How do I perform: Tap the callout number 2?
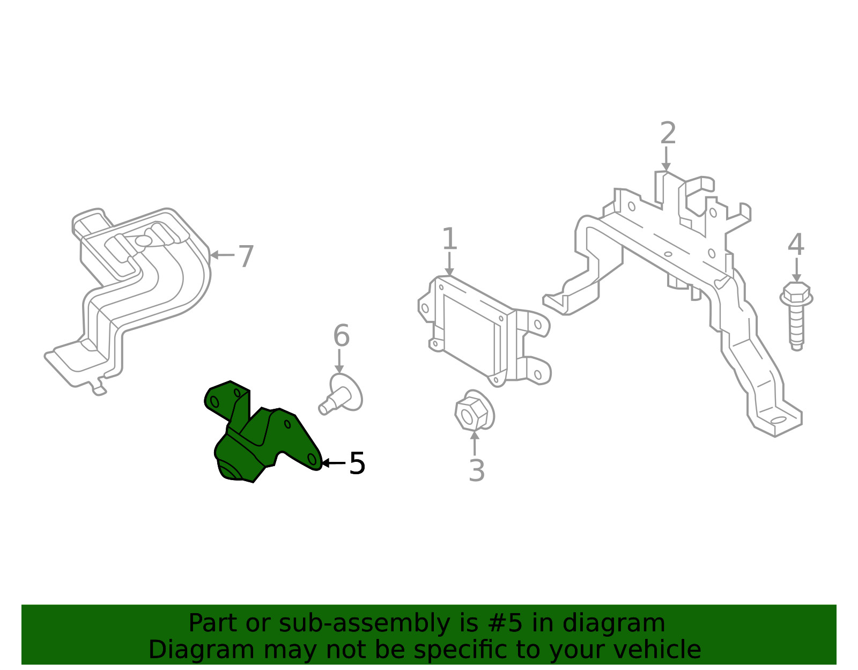[668, 133]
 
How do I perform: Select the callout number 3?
[477, 470]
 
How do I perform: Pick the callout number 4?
[796, 245]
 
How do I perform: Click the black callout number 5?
[357, 463]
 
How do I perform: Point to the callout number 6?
[342, 336]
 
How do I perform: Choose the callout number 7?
[246, 256]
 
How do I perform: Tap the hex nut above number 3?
[474, 410]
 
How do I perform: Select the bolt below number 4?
[796, 316]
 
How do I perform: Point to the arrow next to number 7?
[223, 255]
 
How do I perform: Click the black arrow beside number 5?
[334, 463]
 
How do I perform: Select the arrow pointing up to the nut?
[475, 444]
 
